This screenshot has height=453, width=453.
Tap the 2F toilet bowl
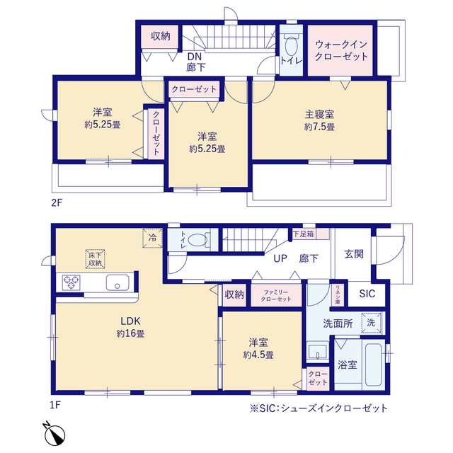(x=291, y=45)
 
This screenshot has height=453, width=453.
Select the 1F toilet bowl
(x=197, y=240)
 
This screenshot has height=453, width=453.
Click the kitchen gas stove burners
(x=71, y=282)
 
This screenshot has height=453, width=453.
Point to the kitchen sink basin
(x=117, y=282)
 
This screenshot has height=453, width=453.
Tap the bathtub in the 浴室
(x=373, y=365)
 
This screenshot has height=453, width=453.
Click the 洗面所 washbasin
(x=317, y=351)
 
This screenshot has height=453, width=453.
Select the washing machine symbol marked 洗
(x=371, y=323)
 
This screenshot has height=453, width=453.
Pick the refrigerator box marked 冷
(x=152, y=238)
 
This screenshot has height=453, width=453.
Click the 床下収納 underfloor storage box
(x=95, y=259)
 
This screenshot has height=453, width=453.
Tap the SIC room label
(x=367, y=294)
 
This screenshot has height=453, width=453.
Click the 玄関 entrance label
(x=354, y=254)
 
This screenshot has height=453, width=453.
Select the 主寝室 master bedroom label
(x=319, y=115)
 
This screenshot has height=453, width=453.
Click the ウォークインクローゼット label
(x=341, y=50)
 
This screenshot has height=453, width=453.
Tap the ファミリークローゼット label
(x=276, y=296)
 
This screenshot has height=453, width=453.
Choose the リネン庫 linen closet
(x=338, y=294)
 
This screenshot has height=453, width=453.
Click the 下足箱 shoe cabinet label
(x=304, y=234)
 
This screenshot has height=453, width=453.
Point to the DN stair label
(x=195, y=57)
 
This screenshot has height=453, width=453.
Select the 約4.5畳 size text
(x=258, y=355)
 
